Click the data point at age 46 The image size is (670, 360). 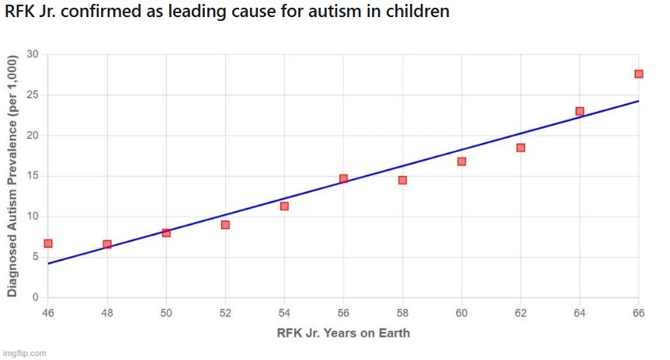(x=48, y=244)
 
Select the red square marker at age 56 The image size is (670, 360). (x=343, y=178)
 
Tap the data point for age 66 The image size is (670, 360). (x=638, y=74)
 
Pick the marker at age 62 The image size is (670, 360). (x=520, y=147)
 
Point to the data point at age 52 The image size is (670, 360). (x=225, y=225)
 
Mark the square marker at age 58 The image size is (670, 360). (x=402, y=180)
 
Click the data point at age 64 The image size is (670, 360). (x=579, y=111)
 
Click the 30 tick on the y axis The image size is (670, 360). (x=33, y=54)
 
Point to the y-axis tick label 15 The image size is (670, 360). (x=33, y=176)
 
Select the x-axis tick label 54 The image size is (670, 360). (x=284, y=313)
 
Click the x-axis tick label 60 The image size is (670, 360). (x=461, y=313)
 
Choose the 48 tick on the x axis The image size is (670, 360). (x=107, y=313)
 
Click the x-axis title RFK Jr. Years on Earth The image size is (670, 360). (x=343, y=334)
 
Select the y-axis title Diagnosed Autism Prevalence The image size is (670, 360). (x=12, y=176)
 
